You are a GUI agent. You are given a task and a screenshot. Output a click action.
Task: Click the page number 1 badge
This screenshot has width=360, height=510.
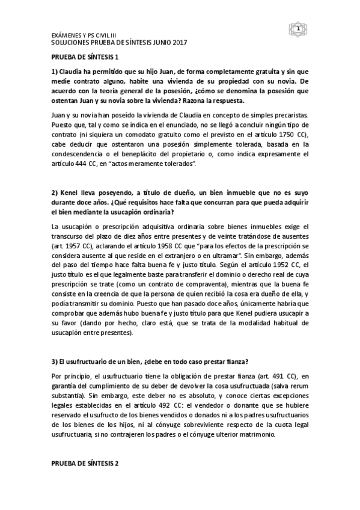pos(298,28)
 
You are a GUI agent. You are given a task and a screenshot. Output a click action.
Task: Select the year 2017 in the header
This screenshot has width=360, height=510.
pos(179,43)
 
